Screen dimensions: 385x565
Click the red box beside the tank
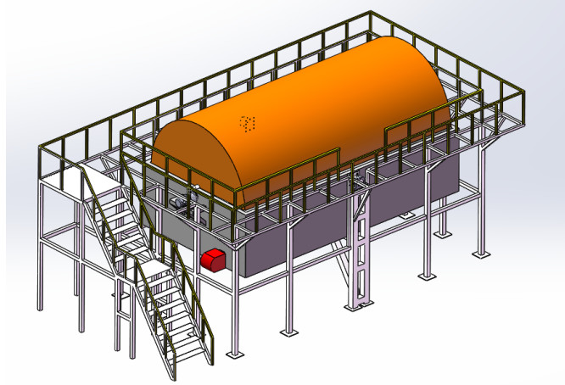pyautogui.click(x=213, y=259)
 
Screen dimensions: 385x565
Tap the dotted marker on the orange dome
pyautogui.click(x=248, y=124)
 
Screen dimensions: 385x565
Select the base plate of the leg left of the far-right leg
pyautogui.click(x=444, y=234)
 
